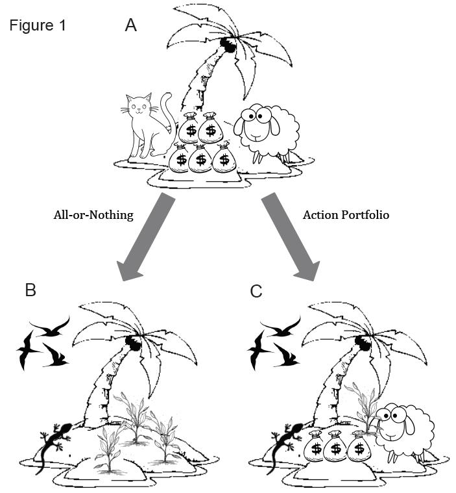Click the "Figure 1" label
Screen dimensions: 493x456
(x=38, y=26)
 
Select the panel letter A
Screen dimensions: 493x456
(x=131, y=25)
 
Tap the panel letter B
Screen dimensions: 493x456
(x=30, y=290)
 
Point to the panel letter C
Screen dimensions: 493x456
(x=256, y=290)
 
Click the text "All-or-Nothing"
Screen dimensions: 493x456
(x=93, y=215)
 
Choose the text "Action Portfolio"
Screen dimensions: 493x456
(x=346, y=215)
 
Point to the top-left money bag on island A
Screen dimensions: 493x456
(x=190, y=127)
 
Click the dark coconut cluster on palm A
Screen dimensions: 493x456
(x=227, y=44)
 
